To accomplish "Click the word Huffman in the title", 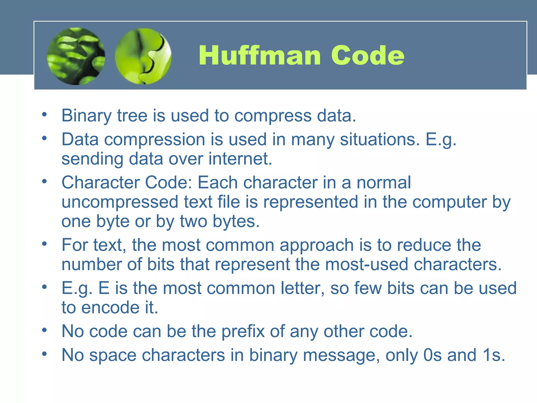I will point(260,56).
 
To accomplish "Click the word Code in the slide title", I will point(368,56).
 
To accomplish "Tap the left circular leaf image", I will point(76,56).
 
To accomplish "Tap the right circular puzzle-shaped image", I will point(143,56).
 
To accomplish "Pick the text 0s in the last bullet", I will point(432,355).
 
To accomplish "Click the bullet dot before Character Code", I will point(44,181).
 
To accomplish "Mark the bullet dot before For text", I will point(44,244).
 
